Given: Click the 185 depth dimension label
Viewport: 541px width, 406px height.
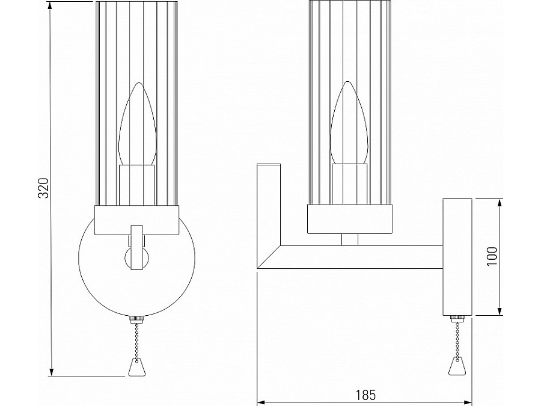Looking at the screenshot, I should tap(365, 395).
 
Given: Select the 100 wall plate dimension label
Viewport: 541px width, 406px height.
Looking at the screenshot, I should tap(492, 257).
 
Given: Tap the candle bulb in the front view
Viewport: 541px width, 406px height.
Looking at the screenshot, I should tap(136, 126).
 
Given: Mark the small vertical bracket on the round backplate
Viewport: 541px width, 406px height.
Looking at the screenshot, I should tap(136, 247).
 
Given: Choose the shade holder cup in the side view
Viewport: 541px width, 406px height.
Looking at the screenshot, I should tap(349, 218).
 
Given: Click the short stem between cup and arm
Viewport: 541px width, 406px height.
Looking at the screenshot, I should tap(349, 239).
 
